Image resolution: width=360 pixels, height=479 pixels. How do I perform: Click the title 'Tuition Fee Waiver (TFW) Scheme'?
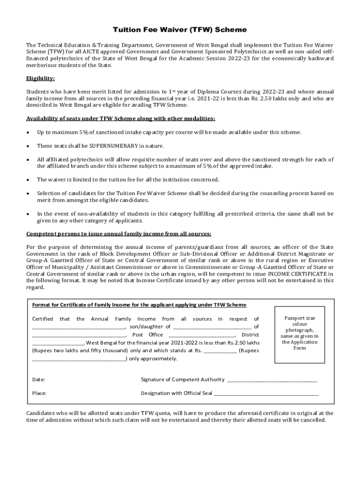(180, 30)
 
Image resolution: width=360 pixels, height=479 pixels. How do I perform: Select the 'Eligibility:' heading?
(41, 78)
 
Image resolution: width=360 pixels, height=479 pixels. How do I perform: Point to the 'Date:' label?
(38, 379)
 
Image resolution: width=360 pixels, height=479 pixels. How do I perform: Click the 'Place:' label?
(39, 393)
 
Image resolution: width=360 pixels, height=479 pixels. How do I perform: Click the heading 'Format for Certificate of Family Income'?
(139, 305)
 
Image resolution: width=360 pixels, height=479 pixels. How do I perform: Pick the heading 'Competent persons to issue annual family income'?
(119, 233)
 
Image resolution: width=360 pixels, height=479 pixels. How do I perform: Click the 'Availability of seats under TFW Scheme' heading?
(121, 119)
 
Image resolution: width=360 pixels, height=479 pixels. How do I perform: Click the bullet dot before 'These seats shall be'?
(29, 146)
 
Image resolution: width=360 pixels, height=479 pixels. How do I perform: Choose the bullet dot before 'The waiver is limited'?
(29, 180)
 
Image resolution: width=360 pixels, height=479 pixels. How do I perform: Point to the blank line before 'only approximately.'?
(79, 359)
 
